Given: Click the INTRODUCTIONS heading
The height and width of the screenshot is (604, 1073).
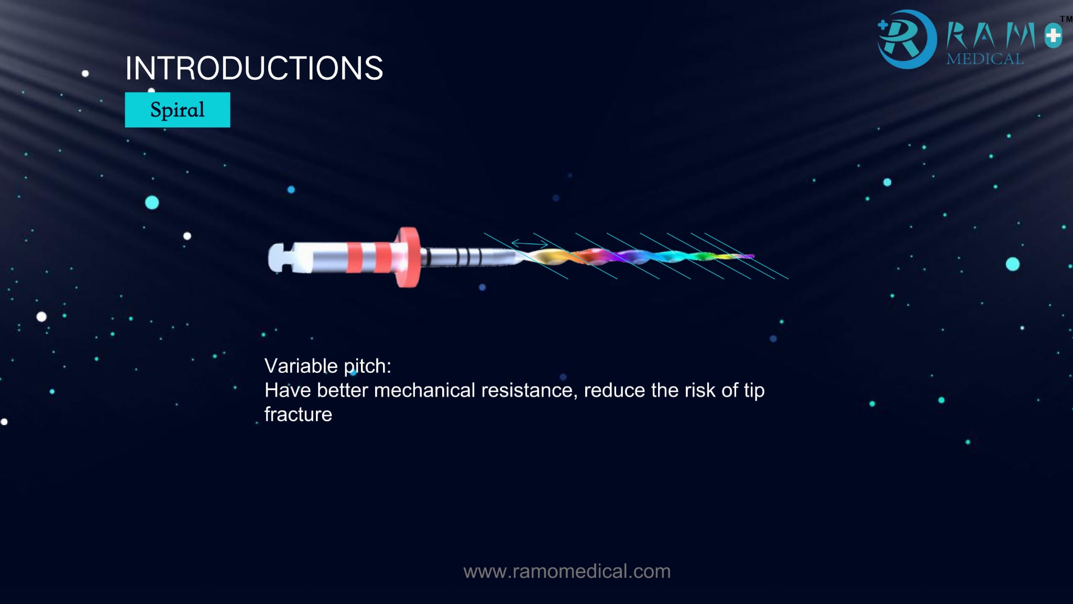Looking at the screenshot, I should (x=254, y=68).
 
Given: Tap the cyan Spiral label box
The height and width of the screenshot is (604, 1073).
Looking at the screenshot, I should (x=177, y=110).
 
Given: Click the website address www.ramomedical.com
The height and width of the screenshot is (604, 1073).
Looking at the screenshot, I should (x=567, y=571).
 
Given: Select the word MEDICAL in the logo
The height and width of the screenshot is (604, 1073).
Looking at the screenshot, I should (x=985, y=59).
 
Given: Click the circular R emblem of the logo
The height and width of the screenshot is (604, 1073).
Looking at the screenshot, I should (x=906, y=39).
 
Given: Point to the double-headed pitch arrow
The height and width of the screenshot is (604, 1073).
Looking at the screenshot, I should (x=529, y=243).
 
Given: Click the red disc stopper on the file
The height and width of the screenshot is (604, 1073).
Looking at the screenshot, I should (x=408, y=257).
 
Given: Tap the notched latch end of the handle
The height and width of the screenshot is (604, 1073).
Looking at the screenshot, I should (x=280, y=257).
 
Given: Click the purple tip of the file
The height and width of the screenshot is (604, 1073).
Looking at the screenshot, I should (x=749, y=256).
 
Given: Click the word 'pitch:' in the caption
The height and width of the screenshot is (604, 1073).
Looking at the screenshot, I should (x=367, y=366).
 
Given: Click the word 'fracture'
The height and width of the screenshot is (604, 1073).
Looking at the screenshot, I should (x=298, y=414).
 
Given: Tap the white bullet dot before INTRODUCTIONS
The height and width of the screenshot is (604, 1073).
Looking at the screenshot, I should (x=85, y=74).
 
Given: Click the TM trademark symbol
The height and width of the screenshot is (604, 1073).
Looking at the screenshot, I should (x=1066, y=19).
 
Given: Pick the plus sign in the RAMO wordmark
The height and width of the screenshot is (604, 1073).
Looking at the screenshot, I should (x=1053, y=36).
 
